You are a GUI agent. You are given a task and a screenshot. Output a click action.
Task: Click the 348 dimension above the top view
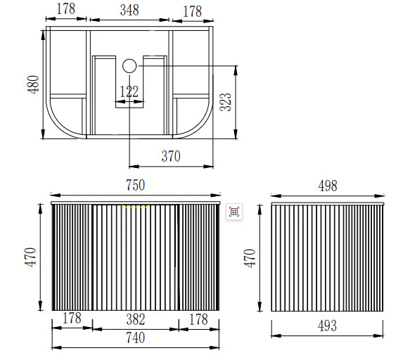click(x=129, y=10)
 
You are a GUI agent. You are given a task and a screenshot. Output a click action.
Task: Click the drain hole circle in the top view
click(x=129, y=66)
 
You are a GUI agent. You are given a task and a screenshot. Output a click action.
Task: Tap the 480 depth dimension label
click(x=33, y=84)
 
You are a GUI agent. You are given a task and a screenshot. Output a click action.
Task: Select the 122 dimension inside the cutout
click(x=129, y=91)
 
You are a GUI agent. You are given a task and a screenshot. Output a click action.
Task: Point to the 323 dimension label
click(x=226, y=102)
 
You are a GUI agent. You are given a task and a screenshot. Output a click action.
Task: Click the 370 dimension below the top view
click(x=171, y=156)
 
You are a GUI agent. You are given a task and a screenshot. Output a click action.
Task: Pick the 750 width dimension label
click(x=136, y=185)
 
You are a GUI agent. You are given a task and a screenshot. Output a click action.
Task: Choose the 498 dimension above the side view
click(x=328, y=186)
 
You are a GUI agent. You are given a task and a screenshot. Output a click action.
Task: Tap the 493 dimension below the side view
click(x=327, y=326)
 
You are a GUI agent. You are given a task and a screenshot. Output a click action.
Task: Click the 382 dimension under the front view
click(x=136, y=319)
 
